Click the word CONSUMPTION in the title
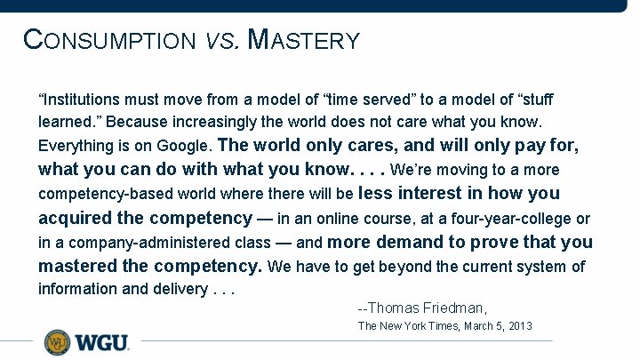pyautogui.click(x=108, y=40)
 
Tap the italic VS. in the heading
pyautogui.click(x=221, y=41)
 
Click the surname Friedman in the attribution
pyautogui.click(x=452, y=308)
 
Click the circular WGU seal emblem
pyautogui.click(x=57, y=342)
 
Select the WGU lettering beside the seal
pyautogui.click(x=100, y=342)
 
